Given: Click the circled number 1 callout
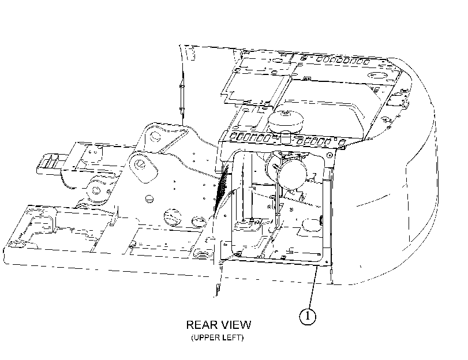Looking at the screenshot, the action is tap(308, 316).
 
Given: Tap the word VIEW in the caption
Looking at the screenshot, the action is tap(237, 324).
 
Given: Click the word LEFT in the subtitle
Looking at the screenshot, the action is tap(232, 337).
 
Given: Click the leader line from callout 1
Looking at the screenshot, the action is tap(312, 287).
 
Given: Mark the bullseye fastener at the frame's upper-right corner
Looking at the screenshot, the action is tap(330, 155).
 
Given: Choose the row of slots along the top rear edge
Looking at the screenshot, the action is tap(343, 61).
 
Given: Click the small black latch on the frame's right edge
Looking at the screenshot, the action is tap(322, 220).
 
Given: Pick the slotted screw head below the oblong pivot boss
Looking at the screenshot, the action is tap(149, 199).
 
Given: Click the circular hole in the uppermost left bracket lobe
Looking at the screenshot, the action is tap(155, 136).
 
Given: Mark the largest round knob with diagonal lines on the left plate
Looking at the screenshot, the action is tap(173, 217).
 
